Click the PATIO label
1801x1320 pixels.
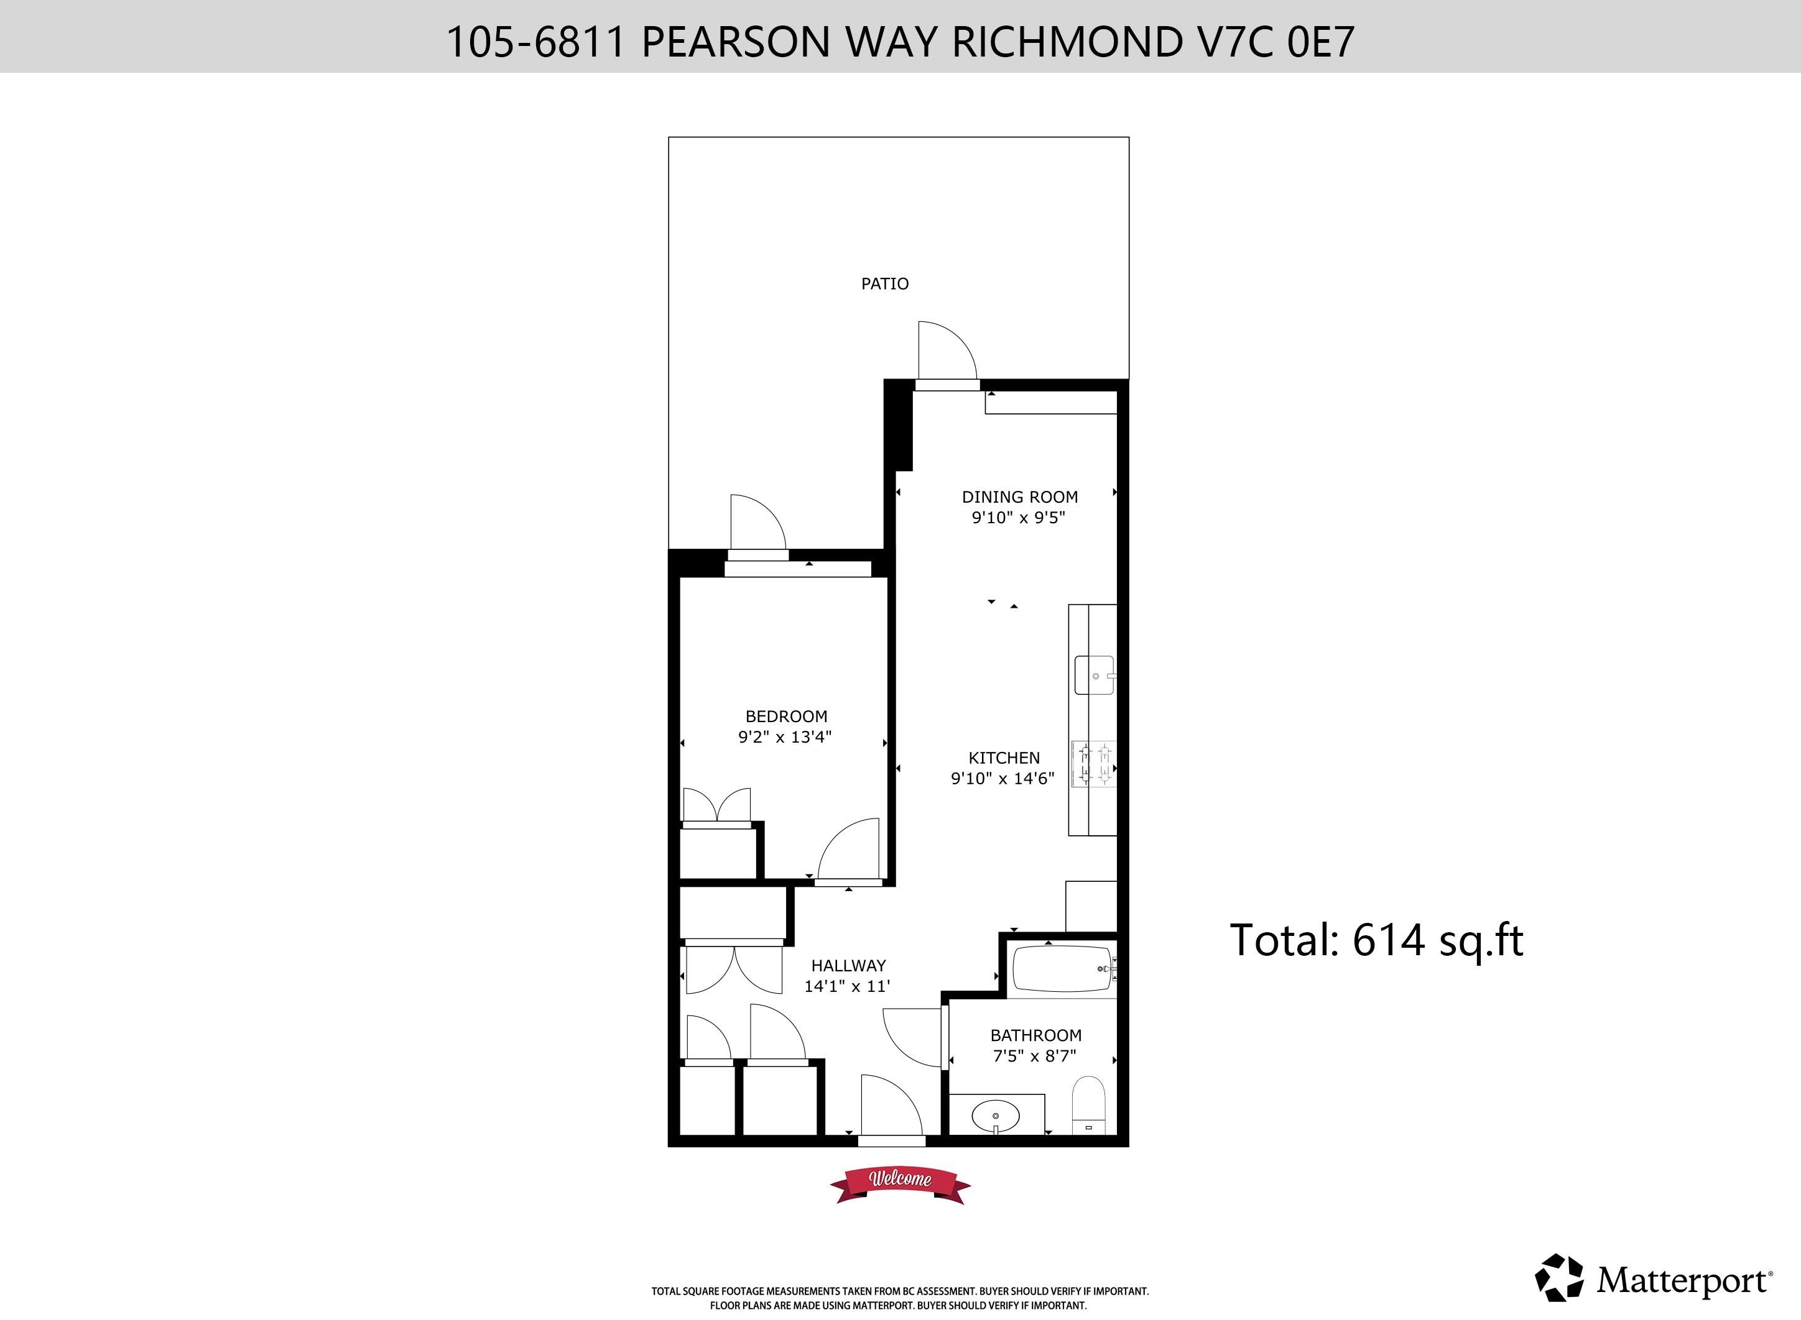point(884,283)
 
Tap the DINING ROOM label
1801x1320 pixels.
point(1019,497)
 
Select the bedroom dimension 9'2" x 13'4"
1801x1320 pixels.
point(785,736)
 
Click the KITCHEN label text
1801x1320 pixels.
point(1004,758)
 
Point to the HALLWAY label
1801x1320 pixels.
point(848,965)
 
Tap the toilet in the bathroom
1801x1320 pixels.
point(1088,1105)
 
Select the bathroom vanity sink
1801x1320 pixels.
point(995,1116)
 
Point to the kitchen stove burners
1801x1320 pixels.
point(1093,763)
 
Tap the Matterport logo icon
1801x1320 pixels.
point(1559,1278)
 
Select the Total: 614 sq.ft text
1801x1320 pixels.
point(1376,940)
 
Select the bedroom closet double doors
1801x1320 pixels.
point(717,804)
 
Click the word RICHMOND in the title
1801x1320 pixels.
point(1067,42)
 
